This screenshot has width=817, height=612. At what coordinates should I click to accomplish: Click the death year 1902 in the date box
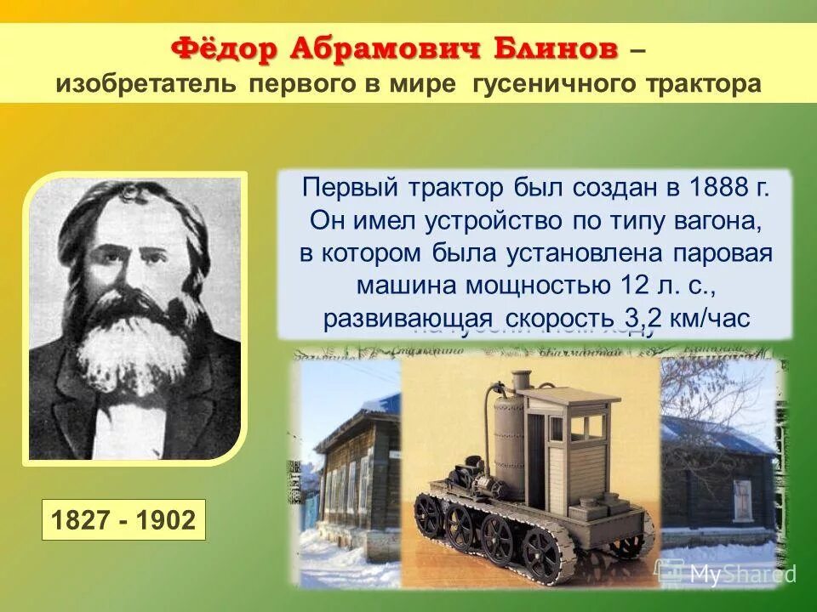(168, 520)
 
